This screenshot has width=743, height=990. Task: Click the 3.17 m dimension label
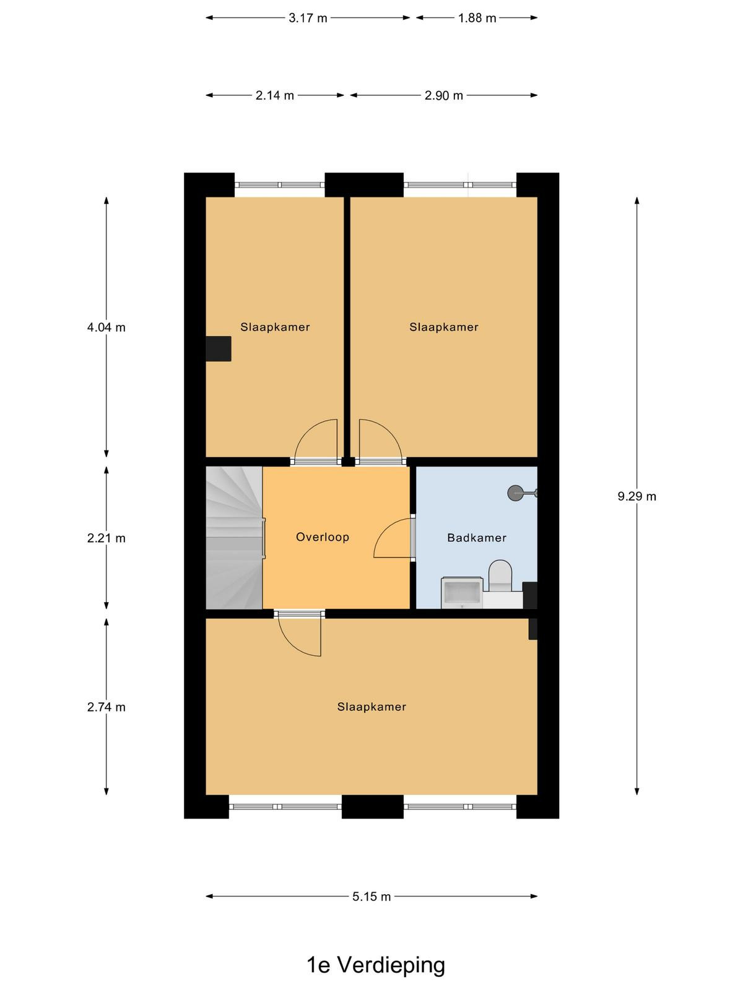(x=308, y=18)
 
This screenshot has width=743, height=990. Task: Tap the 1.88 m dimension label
(x=477, y=18)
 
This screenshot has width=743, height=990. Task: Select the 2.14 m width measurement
(x=275, y=95)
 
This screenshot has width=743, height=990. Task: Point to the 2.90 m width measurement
(x=443, y=95)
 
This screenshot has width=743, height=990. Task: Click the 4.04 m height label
(x=106, y=327)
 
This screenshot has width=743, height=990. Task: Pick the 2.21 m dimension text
(x=106, y=538)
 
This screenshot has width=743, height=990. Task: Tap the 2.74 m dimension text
(x=106, y=707)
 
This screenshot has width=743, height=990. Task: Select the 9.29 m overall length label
(x=637, y=496)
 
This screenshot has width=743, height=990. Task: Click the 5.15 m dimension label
(x=371, y=896)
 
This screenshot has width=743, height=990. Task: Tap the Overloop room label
(x=322, y=536)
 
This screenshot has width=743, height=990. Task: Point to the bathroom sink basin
(x=462, y=592)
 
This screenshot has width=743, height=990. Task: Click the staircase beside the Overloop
(x=234, y=538)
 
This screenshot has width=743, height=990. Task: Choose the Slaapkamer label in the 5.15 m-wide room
(x=371, y=707)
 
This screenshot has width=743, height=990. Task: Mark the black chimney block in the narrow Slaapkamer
(x=219, y=348)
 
